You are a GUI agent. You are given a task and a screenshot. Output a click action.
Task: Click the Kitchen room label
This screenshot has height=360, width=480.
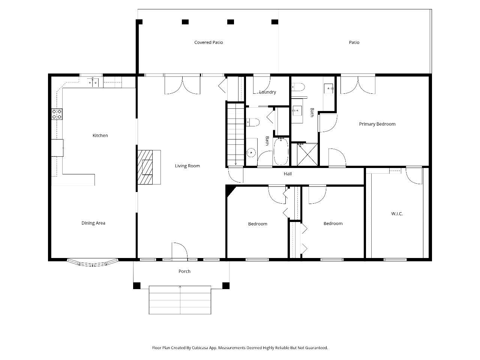[x=100, y=135]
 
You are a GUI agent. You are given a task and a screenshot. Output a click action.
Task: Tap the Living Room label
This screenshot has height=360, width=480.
[x=187, y=166]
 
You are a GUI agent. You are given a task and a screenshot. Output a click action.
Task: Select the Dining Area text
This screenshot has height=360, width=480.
[x=93, y=223]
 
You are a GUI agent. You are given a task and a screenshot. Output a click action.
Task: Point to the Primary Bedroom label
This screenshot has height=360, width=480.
[x=377, y=124]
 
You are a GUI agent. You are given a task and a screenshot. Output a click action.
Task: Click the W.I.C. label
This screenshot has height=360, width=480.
[x=397, y=214]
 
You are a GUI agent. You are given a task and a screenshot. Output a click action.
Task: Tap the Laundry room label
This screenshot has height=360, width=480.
[x=268, y=92]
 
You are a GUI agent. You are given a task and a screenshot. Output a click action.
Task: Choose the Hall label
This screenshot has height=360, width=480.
[x=288, y=174]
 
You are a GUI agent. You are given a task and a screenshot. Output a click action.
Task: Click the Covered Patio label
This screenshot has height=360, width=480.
[x=208, y=42]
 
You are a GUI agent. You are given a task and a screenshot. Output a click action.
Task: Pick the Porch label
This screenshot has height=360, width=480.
[x=184, y=271]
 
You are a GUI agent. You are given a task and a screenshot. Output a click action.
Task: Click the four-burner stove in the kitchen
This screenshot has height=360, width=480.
[x=57, y=114]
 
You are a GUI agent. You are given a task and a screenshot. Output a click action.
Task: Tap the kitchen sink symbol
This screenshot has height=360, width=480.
[x=93, y=82]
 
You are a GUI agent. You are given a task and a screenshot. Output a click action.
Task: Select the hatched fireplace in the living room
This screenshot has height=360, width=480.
[x=145, y=167]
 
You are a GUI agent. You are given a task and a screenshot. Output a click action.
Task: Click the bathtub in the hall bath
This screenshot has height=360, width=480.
[x=282, y=151]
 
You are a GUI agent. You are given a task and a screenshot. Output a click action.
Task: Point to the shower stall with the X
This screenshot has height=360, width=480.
[x=307, y=154]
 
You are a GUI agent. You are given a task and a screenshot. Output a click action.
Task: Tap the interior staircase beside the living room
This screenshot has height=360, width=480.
[x=236, y=134]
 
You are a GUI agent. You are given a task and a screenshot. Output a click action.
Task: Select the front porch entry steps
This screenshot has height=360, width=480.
[x=180, y=300]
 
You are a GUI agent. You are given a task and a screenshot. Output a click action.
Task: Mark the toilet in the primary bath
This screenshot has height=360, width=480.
[x=298, y=87]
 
